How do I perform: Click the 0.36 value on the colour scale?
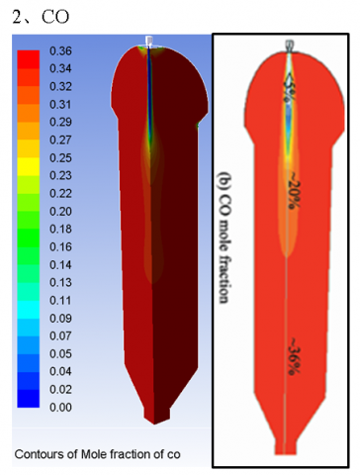click(60, 51)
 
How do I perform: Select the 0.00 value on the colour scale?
click(60, 408)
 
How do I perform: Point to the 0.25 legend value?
click(60, 158)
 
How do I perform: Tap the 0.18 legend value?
click(60, 230)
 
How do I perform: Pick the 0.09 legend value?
click(60, 319)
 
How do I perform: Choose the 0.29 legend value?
click(60, 123)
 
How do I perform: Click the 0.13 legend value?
click(60, 283)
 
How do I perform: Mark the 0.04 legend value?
click(60, 372)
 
